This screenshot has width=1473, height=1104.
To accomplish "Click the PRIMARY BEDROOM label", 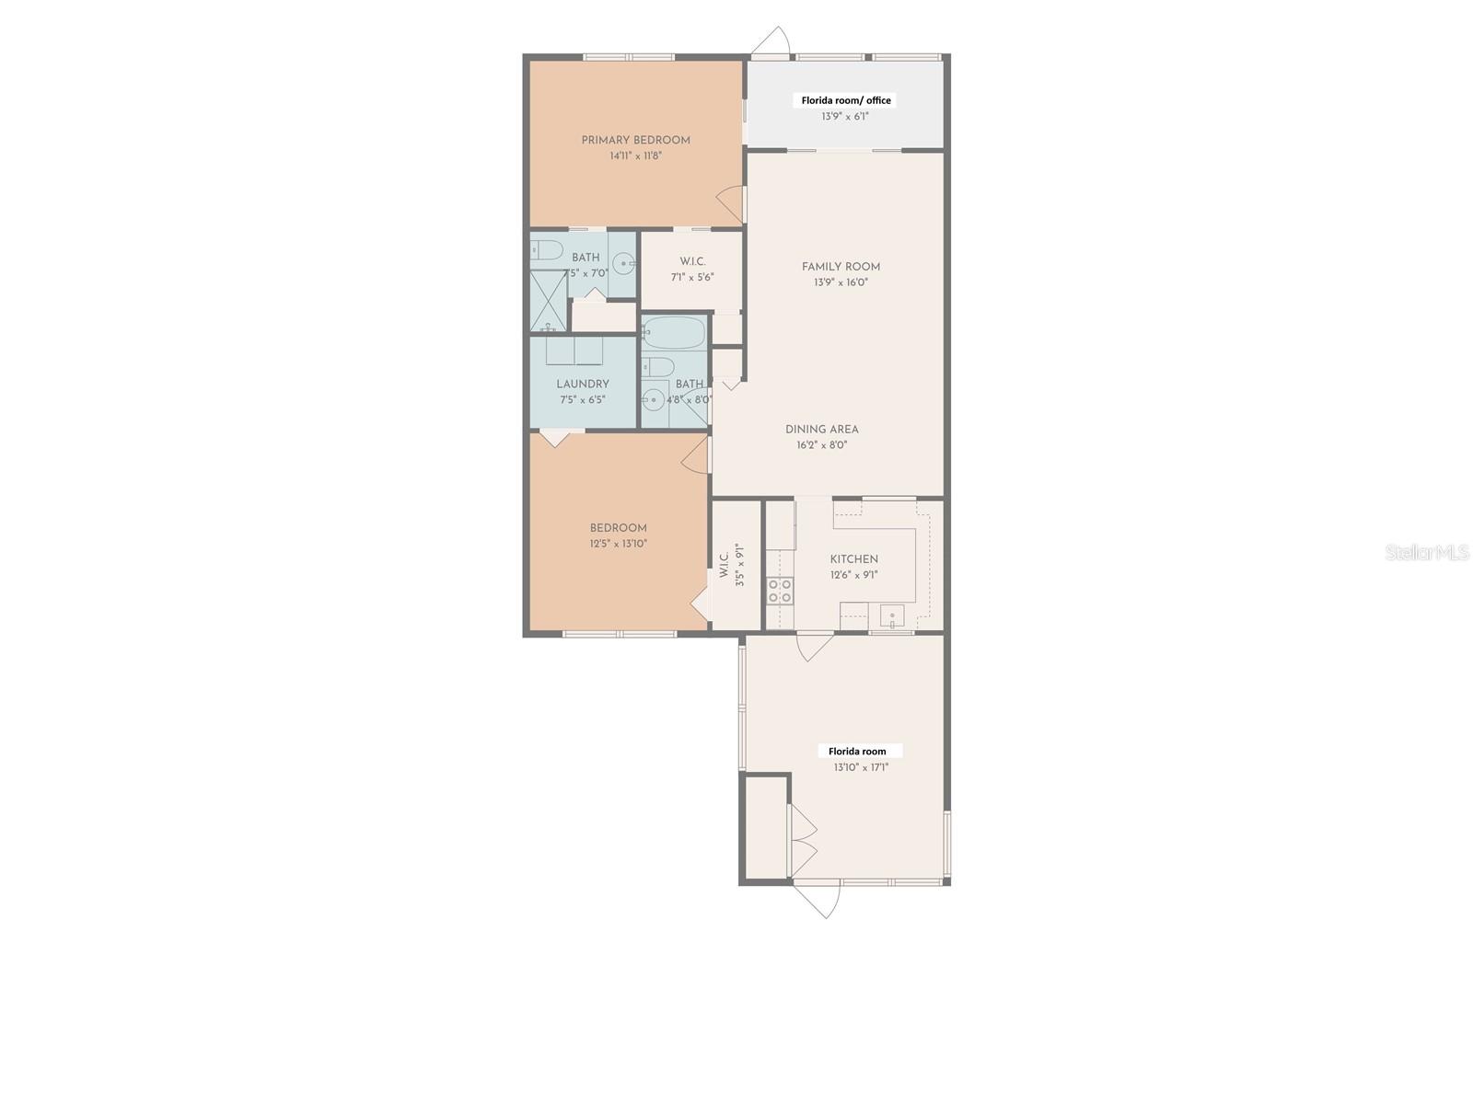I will tap(635, 141).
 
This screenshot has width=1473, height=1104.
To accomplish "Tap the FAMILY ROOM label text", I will tap(841, 267).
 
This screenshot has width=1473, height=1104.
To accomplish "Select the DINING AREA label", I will tap(821, 430).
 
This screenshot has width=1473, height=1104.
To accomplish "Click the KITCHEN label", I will tap(853, 559).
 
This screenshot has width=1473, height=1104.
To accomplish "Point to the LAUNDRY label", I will tap(582, 385).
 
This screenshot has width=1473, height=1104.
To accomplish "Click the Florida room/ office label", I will tap(845, 100).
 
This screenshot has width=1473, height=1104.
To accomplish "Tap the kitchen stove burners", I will tap(780, 591).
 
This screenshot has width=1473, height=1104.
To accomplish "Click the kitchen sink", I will tap(891, 615).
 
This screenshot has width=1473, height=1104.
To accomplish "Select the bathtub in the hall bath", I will tap(673, 332).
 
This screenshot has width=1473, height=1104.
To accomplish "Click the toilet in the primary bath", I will tap(547, 249).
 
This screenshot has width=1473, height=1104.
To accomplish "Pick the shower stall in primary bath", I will tap(548, 301).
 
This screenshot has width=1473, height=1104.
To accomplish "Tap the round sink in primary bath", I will tap(624, 265).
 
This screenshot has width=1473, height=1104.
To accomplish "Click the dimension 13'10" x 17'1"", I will tap(861, 767).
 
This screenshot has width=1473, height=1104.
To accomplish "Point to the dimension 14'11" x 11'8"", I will tap(635, 156).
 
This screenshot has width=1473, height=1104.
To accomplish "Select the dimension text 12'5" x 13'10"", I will tap(618, 544).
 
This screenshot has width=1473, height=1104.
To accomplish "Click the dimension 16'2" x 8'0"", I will tap(821, 445).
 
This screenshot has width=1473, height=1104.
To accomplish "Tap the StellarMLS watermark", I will tap(1426, 552).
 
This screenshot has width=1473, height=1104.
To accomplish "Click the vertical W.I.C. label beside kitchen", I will tap(725, 564).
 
